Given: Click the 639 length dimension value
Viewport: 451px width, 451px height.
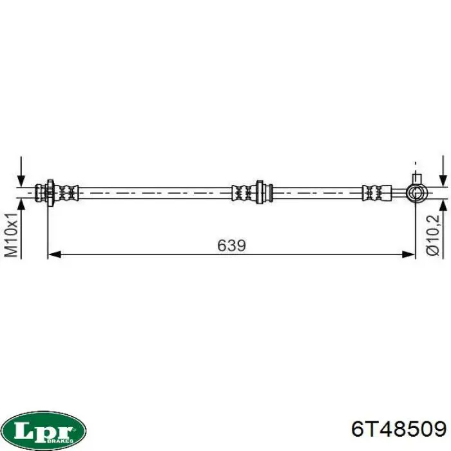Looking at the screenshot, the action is [x=231, y=245].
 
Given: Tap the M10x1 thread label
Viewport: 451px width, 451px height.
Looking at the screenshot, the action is [x=12, y=236].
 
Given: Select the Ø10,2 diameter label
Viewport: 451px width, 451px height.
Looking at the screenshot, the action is [x=432, y=235].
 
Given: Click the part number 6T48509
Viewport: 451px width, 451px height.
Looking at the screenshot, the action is [x=399, y=430].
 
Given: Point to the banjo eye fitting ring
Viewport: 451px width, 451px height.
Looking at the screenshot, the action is [x=417, y=193].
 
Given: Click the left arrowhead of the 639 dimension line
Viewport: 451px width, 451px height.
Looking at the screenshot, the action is [x=54, y=254].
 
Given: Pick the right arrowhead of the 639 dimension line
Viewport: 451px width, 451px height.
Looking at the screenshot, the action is [x=408, y=254].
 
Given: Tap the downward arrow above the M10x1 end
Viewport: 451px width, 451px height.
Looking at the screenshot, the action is [x=21, y=172].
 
